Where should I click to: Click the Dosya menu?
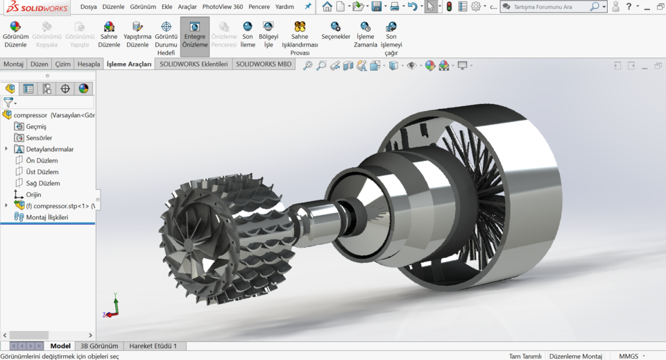click(x=88, y=6)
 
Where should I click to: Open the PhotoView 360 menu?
click(x=222, y=6)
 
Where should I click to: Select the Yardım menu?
click(x=284, y=6)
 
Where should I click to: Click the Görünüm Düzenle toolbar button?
click(x=15, y=34)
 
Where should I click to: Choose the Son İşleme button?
click(x=248, y=34)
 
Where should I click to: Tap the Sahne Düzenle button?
click(x=109, y=34)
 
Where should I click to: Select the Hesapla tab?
click(x=89, y=64)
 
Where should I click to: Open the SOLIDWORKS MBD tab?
click(x=264, y=64)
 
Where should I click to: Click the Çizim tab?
click(x=63, y=64)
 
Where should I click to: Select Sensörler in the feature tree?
click(x=39, y=138)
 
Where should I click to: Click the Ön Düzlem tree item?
click(x=42, y=160)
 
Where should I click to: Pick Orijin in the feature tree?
click(x=33, y=195)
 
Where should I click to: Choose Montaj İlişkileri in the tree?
click(x=46, y=217)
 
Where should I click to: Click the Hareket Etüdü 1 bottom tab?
click(x=153, y=346)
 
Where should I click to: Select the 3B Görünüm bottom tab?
click(x=99, y=346)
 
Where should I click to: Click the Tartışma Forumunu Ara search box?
click(x=548, y=7)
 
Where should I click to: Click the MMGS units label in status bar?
click(x=629, y=356)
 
